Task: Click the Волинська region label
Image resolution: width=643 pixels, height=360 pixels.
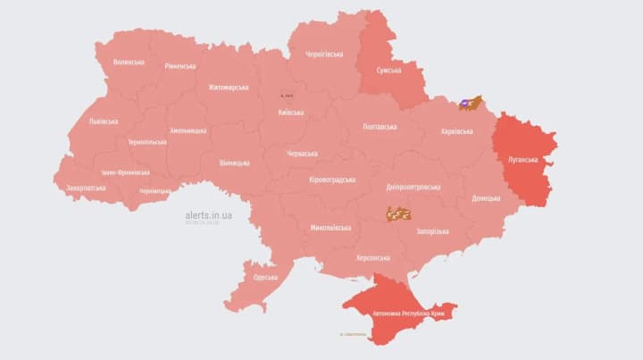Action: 129,63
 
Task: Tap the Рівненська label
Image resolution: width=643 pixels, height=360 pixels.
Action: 180,67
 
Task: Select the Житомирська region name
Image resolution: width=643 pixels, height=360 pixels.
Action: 228,88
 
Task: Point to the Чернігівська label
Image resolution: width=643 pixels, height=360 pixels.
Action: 325,54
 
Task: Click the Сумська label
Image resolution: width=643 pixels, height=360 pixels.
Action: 388,71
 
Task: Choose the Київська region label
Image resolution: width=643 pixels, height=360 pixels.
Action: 290,113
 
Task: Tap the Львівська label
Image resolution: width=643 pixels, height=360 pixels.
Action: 103,121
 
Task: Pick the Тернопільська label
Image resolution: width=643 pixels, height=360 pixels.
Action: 146,142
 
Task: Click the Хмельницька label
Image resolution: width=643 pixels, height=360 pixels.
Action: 188,130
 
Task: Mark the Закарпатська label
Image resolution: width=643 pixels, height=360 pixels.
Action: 86,188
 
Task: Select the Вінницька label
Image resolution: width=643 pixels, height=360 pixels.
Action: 234,163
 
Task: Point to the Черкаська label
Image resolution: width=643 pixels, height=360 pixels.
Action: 302,154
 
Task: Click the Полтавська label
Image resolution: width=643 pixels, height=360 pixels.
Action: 380,128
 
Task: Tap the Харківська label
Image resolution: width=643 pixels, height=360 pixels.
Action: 457,132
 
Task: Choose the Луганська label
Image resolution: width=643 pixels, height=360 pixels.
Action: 522,160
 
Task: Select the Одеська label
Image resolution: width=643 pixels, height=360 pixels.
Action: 265,278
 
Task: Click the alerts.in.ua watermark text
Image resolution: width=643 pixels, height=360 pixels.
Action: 209,215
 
